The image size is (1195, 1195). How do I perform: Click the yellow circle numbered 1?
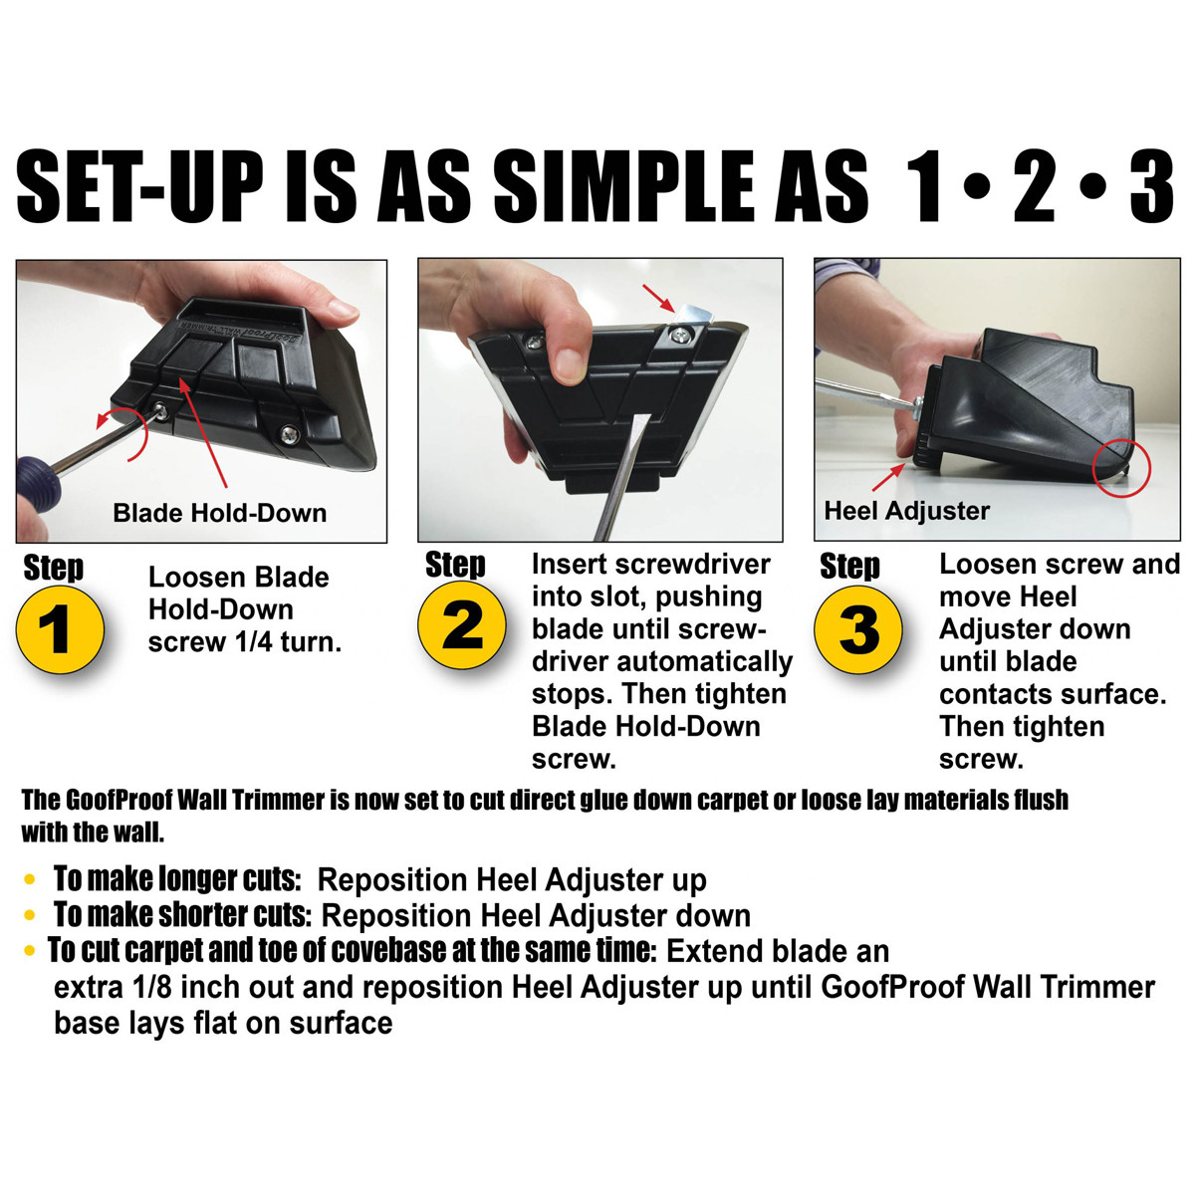pos(60,629)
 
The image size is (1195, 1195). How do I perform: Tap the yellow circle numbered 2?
pos(461,626)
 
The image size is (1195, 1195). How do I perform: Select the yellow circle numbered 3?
pos(858,629)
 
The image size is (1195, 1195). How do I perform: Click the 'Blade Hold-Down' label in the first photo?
pos(219,513)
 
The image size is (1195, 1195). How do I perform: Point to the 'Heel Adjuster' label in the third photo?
pos(906,511)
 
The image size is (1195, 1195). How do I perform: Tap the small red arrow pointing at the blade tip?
pos(658,295)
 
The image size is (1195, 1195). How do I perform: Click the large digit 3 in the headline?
pos(1151,187)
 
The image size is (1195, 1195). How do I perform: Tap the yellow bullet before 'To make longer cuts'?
pos(30,880)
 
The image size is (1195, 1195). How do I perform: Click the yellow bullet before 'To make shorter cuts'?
pos(30,915)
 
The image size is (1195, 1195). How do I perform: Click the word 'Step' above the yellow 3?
pos(849,566)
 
